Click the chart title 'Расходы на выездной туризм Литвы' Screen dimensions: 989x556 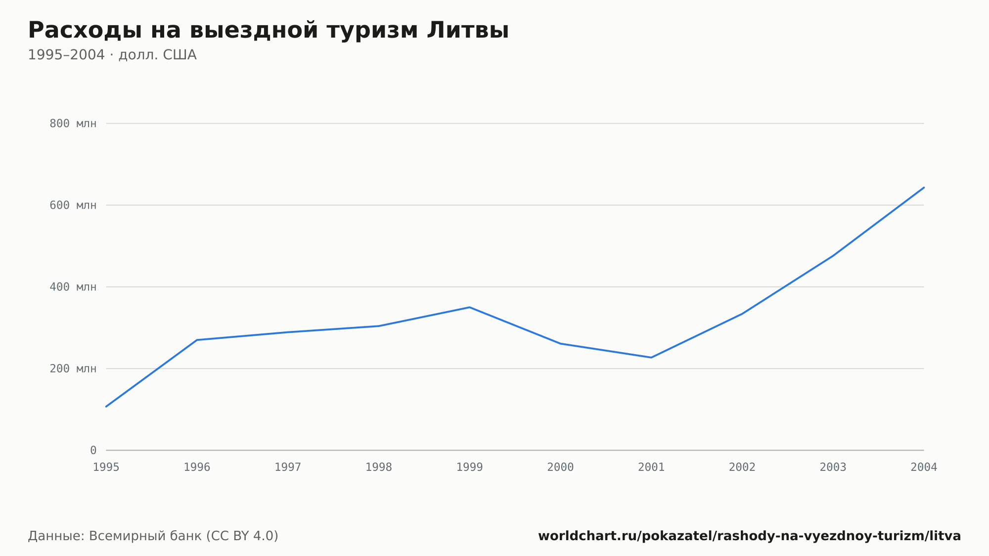pos(269,30)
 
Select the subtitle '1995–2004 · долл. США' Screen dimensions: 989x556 pos(112,55)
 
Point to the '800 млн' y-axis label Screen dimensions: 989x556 pos(73,124)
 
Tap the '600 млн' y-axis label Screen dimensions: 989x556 pos(73,205)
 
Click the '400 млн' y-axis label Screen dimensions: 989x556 pos(73,287)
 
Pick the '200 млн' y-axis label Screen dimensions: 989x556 pos(73,369)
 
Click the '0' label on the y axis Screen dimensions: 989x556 pos(93,450)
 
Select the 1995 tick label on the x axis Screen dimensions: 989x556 pos(106,467)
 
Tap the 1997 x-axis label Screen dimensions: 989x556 pos(288,467)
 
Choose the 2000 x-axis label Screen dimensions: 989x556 pos(560,467)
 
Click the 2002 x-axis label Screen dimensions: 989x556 pos(742,467)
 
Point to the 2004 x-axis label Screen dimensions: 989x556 pos(924,467)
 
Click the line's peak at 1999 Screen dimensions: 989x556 pos(470,307)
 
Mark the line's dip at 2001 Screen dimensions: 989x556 pos(651,358)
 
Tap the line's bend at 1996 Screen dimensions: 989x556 pos(197,340)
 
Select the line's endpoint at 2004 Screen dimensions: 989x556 pos(924,187)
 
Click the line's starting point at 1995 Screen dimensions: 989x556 pos(106,407)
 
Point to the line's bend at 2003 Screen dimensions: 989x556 pos(833,256)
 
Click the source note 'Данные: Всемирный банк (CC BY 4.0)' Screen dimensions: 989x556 pos(153,536)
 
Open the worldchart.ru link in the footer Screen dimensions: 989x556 pos(750,536)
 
